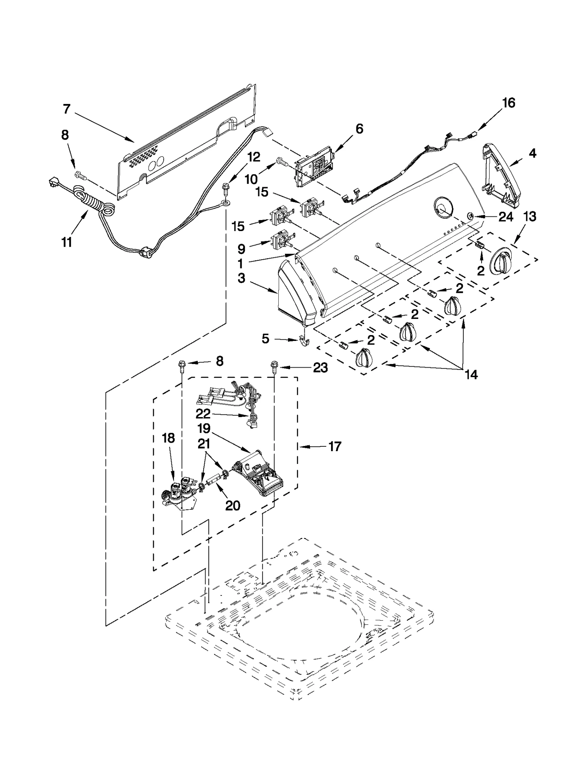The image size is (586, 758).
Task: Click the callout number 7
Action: coord(66,109)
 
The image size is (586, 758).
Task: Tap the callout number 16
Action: coord(509,103)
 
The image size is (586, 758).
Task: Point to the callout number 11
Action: coord(66,242)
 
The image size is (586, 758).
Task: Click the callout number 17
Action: coord(334,446)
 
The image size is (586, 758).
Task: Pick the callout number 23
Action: coord(320,367)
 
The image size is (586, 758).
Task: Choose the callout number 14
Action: coord(471,374)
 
